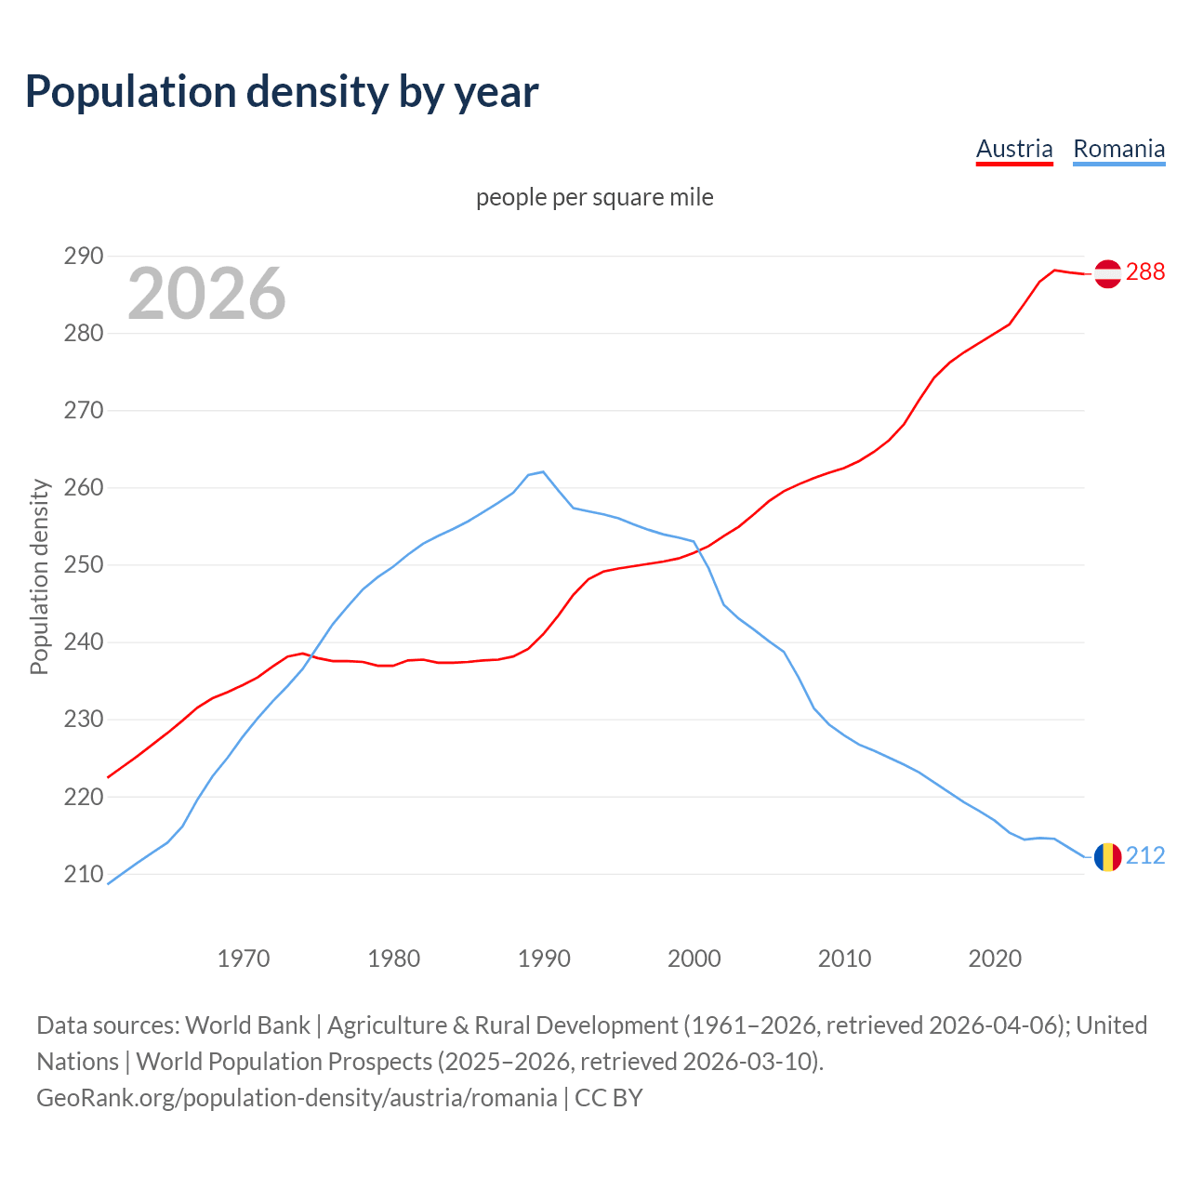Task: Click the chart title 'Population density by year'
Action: [282, 91]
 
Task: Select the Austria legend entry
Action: [1014, 149]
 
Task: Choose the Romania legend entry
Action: [1118, 149]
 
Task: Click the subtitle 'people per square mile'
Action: [594, 197]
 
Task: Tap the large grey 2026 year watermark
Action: [206, 294]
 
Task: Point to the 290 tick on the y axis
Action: [83, 256]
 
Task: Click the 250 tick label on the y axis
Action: [83, 565]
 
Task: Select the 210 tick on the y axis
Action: [83, 874]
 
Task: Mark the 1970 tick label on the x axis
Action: [244, 959]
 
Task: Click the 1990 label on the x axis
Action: [544, 959]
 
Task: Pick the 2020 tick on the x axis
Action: [995, 959]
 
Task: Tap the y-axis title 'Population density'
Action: [39, 576]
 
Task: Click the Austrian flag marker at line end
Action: [1107, 273]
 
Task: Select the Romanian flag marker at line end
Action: [1107, 856]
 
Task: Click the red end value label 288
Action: [1145, 271]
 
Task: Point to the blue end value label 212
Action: [1145, 855]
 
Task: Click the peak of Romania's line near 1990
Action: [543, 471]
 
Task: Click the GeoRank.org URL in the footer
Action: [297, 1097]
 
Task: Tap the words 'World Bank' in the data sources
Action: [247, 1025]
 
